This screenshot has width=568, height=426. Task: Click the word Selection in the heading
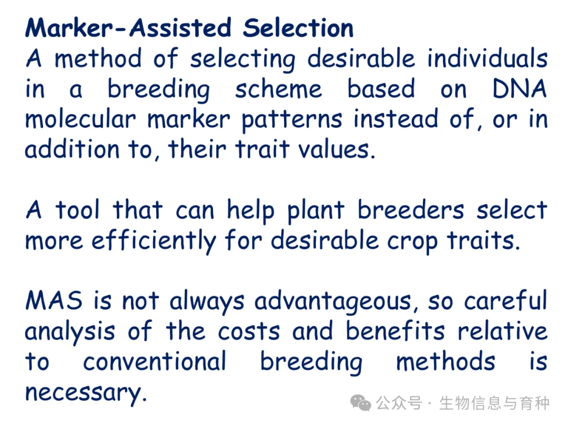298,28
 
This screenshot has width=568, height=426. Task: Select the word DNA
520,88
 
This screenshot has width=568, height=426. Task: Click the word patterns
291,120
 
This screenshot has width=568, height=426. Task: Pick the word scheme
278,88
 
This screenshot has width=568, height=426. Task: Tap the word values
334,149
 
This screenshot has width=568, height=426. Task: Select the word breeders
410,209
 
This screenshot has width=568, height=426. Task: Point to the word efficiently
154,241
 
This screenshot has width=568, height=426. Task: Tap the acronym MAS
54,300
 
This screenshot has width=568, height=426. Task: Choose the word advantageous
333,302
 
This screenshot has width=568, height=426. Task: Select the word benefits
395,330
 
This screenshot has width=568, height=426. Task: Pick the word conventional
155,361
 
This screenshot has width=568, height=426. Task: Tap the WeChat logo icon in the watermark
360,403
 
